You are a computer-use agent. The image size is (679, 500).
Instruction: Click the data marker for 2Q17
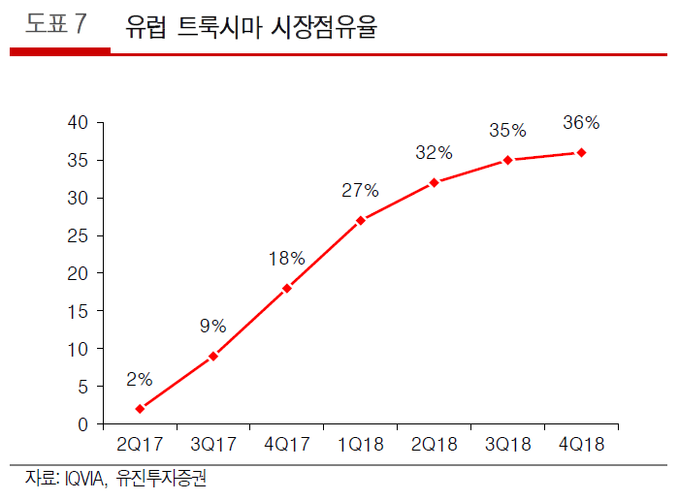[140, 409]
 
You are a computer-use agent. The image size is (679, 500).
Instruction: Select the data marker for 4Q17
[287, 288]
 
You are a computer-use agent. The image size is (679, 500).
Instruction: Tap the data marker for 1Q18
[361, 220]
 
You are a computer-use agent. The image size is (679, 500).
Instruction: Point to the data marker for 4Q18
[581, 152]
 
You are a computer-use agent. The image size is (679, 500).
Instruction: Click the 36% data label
[581, 123]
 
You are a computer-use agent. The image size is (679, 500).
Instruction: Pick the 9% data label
[212, 326]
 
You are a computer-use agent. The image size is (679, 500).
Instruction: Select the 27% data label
[360, 190]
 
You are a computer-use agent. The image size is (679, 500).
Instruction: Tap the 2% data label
[139, 379]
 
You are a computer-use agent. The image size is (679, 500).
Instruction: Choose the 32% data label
[434, 152]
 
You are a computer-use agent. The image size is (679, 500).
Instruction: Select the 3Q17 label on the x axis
[212, 445]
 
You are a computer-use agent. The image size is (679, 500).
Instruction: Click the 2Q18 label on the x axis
[434, 445]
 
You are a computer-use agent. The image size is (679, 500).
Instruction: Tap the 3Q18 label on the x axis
[507, 445]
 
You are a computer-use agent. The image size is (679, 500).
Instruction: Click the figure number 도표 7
[54, 26]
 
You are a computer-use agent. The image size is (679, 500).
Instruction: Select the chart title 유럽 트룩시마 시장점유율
[251, 27]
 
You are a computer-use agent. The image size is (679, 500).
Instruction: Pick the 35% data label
[507, 130]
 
